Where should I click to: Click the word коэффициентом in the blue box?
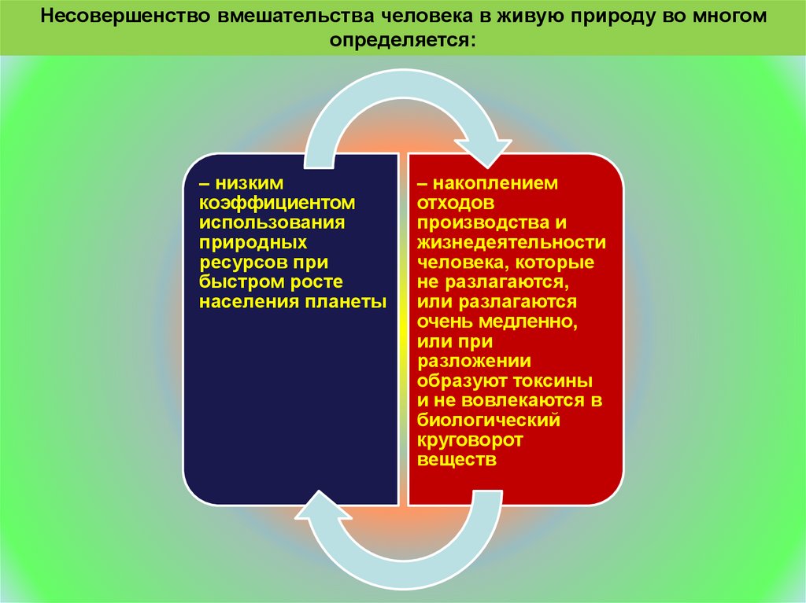[278, 203]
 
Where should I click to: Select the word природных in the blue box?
[253, 242]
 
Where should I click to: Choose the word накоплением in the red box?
[498, 183]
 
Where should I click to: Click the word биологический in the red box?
[489, 421]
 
